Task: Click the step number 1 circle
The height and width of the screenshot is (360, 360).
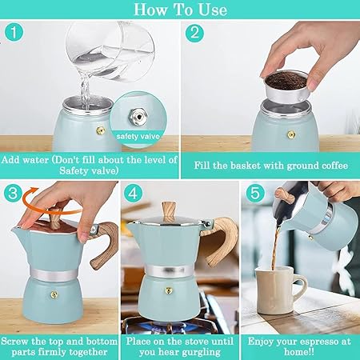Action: click(14, 33)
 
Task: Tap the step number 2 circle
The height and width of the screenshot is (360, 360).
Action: click(194, 34)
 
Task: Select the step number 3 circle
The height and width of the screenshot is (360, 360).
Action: click(13, 193)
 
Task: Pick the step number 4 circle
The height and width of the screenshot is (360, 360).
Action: click(133, 193)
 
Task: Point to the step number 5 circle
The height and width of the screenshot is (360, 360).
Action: click(255, 193)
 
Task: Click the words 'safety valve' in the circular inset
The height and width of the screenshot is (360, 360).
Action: click(138, 137)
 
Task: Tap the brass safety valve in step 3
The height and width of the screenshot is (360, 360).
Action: click(54, 294)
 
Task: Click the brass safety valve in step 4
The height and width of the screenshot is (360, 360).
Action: click(168, 290)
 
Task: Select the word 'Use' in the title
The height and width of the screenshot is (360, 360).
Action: click(213, 10)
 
